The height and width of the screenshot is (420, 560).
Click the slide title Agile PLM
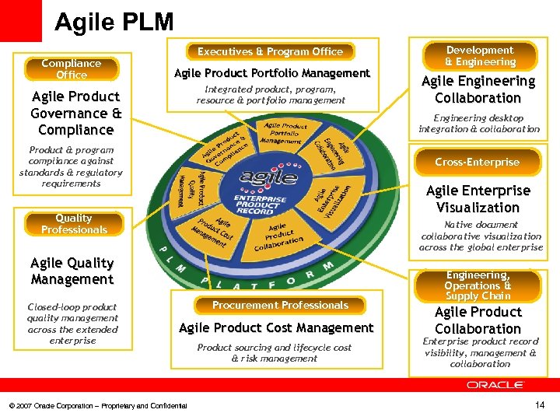point(114,22)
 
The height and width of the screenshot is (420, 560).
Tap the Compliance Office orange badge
point(72,69)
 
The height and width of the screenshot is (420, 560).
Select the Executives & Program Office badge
point(270,52)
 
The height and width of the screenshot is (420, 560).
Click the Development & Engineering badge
point(479,56)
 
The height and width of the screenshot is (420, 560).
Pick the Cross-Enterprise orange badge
point(477,163)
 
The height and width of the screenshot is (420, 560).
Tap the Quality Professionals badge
point(74,224)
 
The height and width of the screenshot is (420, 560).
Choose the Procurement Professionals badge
point(280,306)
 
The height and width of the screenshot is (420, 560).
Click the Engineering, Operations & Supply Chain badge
point(478,285)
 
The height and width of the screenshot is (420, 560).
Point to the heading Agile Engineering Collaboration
point(478,89)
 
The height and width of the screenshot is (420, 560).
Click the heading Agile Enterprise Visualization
point(478,199)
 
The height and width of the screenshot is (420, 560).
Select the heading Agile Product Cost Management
point(276,328)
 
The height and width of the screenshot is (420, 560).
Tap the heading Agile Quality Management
point(72,271)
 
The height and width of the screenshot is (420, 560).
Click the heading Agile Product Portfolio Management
point(272,73)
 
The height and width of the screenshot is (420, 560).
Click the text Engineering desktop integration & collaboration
point(478,124)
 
